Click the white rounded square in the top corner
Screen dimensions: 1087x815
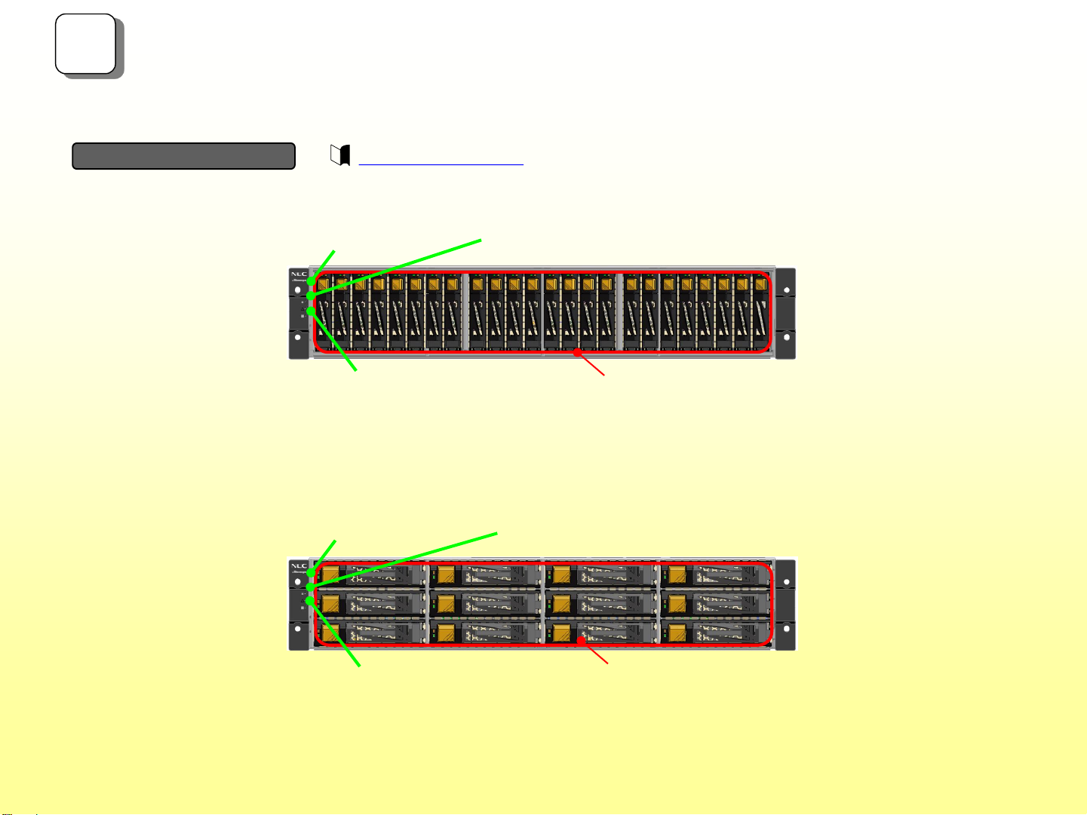86,44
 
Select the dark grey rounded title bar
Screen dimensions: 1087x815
183,156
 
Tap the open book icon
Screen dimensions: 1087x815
341,155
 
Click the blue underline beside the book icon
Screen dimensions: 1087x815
441,164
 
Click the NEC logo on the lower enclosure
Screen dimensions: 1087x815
299,564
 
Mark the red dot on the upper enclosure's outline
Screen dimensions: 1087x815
577,351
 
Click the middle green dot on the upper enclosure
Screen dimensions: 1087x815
310,296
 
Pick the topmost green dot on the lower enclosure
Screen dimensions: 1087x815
310,574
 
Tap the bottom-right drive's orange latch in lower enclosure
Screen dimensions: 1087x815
677,632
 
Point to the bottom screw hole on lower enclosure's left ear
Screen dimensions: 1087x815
298,628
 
